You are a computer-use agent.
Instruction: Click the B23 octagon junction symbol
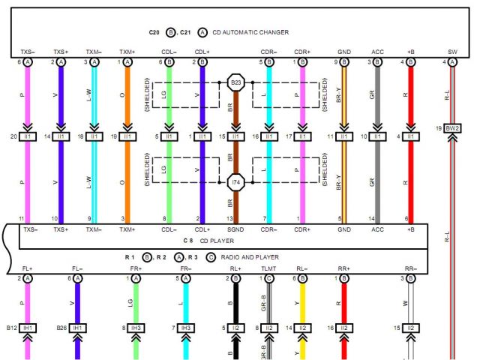click(235, 81)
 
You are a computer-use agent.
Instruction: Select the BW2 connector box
click(452, 128)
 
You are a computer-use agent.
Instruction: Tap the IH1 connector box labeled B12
click(28, 328)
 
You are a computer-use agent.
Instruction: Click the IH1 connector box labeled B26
click(77, 328)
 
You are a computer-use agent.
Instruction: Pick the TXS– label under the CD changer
click(28, 52)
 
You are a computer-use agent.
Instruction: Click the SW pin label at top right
click(452, 52)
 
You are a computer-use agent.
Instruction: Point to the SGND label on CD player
click(235, 229)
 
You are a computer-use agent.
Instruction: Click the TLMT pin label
click(268, 267)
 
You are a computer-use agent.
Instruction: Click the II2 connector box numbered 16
click(343, 328)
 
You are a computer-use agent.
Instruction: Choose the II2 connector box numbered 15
click(410, 328)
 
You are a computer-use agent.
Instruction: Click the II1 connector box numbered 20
click(28, 137)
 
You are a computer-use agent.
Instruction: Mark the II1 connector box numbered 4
click(410, 137)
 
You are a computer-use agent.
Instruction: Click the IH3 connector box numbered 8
click(136, 328)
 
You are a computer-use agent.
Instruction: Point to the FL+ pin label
click(28, 267)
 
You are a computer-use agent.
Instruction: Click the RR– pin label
click(410, 267)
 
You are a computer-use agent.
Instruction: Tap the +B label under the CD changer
click(410, 52)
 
